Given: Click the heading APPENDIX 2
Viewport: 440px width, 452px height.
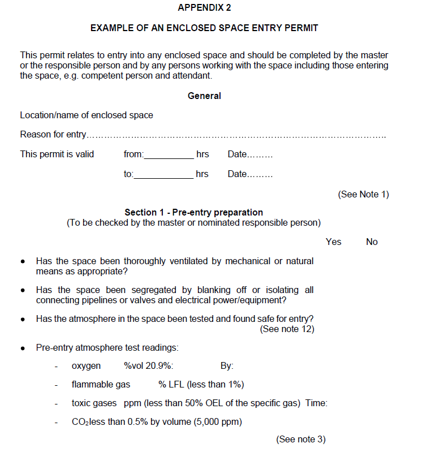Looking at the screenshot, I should (204, 8).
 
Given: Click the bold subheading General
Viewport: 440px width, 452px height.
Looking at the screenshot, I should (204, 96).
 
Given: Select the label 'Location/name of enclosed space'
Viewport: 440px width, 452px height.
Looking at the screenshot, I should (87, 115).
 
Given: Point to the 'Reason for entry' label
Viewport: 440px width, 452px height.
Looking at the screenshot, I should (53, 135).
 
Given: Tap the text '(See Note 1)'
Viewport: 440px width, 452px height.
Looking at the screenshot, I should (363, 195).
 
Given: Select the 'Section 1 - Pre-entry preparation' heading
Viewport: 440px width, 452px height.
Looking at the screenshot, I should (193, 213).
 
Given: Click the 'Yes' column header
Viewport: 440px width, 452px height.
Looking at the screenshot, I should (334, 242).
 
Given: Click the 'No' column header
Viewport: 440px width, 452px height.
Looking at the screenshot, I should (372, 242).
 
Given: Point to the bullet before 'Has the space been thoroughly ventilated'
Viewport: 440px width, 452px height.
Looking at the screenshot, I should (23, 262).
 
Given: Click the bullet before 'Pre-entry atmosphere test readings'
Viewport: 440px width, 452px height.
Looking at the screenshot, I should (23, 348).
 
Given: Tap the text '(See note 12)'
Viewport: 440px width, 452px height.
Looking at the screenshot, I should (287, 329).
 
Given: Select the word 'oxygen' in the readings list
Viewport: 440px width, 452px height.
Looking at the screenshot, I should (86, 366).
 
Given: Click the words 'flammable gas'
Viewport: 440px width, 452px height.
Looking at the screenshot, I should (101, 385).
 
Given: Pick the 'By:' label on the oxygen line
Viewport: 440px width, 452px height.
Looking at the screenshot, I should (227, 366).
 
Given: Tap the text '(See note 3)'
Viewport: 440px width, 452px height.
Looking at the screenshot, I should (300, 440).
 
